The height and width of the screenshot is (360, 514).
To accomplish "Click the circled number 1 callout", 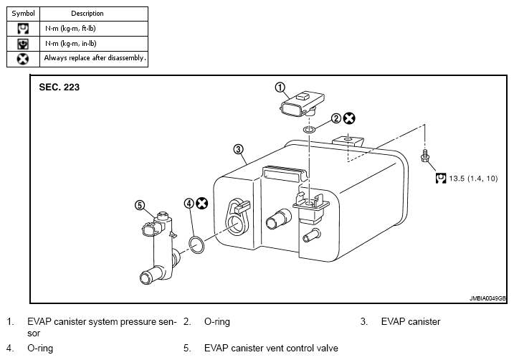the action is pos(280,87).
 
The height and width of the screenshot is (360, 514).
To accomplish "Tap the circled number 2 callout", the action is pos(336,118).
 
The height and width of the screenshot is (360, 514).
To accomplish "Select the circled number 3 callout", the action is pos(238,149).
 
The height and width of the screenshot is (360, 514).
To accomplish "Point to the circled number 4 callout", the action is pos(189,204).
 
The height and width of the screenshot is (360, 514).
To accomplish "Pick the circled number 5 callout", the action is pos(140,205).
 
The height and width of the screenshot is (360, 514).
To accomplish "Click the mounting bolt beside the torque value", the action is pos(425,156).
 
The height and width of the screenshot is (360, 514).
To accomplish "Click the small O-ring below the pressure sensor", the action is pos(309,130).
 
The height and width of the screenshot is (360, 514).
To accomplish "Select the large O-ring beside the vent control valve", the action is pos(196,245).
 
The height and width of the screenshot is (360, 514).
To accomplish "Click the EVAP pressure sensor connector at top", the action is pos(302,104).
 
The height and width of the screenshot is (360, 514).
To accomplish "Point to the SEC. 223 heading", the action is pos(60,87).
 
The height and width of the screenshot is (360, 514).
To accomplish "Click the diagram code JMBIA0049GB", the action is pos(487,298).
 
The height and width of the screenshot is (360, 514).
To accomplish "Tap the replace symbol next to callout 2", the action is pos(349,118).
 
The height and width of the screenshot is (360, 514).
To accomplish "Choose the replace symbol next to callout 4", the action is pos(202,204).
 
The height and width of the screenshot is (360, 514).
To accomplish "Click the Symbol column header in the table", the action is pos(23,14).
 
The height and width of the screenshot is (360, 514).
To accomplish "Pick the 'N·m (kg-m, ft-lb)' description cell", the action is pos(94,29).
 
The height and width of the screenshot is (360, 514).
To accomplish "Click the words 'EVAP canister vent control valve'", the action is pos(271,349).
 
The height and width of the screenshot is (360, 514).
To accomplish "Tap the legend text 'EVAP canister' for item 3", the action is pos(411,322).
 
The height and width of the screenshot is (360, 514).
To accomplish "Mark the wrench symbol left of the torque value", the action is pos(441,179).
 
